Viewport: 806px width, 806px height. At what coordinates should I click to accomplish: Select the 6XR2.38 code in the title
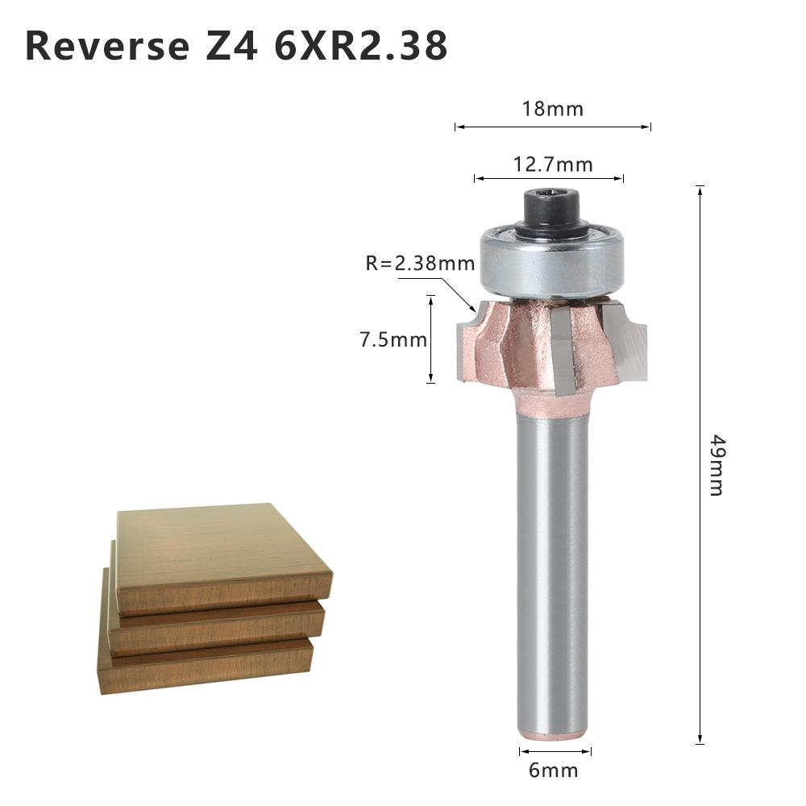(362, 46)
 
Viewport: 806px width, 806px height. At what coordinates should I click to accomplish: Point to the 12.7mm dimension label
(553, 165)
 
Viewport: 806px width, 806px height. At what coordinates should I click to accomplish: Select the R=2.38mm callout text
(420, 264)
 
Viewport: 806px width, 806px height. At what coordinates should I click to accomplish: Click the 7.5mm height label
(393, 339)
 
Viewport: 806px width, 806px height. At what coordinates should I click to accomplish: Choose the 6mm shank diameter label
(554, 770)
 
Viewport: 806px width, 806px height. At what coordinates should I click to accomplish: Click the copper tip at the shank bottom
(553, 735)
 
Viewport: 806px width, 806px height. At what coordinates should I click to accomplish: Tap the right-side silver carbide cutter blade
(629, 343)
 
